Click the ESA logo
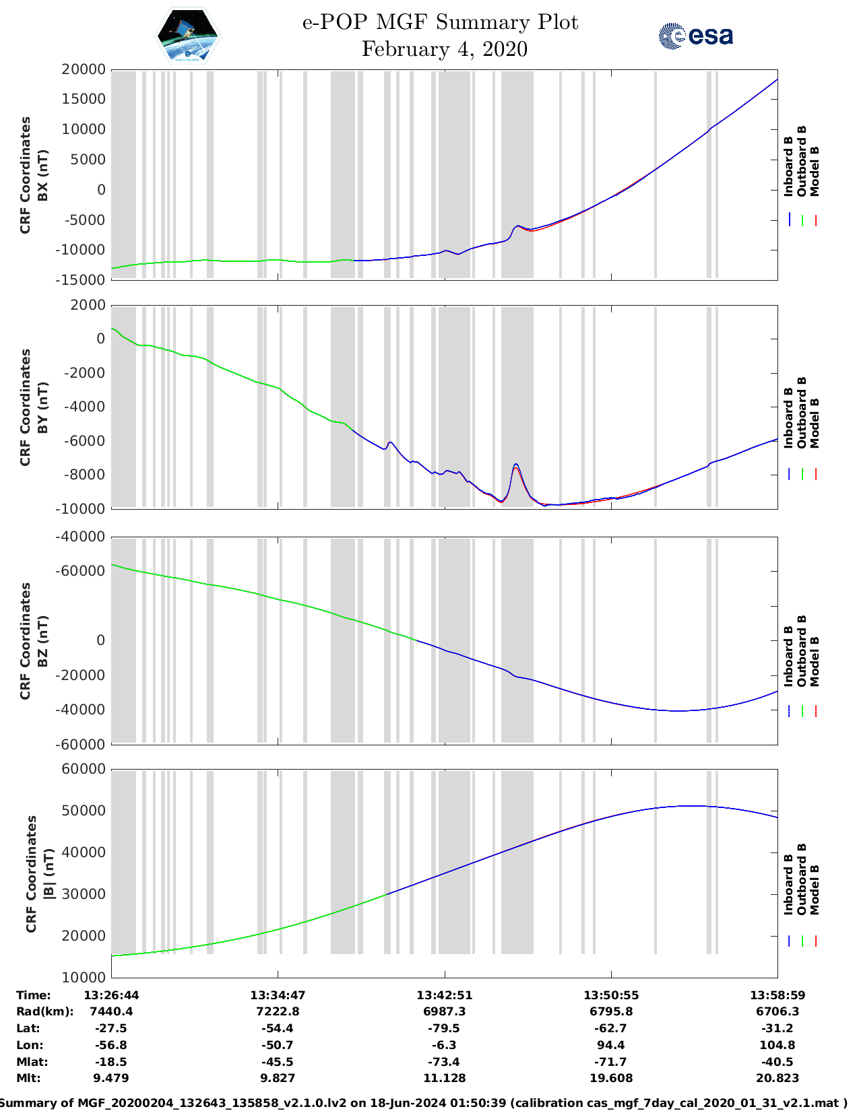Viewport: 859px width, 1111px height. [x=695, y=36]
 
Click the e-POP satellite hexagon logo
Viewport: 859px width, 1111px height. [x=187, y=36]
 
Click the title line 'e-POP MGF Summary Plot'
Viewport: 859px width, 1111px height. [x=440, y=22]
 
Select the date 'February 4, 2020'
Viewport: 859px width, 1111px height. [x=444, y=49]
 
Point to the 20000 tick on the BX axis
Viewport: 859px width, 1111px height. [x=84, y=69]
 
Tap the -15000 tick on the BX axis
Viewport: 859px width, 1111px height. [x=84, y=279]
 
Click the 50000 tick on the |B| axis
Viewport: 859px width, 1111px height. [x=84, y=811]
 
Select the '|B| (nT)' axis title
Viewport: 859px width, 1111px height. [x=49, y=873]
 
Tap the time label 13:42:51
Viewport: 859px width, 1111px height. [x=444, y=995]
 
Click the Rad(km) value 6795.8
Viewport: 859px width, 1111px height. [x=610, y=1011]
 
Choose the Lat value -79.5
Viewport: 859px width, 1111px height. [x=444, y=1028]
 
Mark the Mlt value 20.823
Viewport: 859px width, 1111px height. [x=777, y=1078]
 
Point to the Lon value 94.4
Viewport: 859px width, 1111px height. [x=610, y=1045]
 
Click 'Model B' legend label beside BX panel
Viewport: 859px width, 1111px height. [x=815, y=171]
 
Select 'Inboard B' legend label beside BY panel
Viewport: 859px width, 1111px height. [x=789, y=418]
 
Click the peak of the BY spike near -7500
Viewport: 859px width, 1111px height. [x=516, y=464]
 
